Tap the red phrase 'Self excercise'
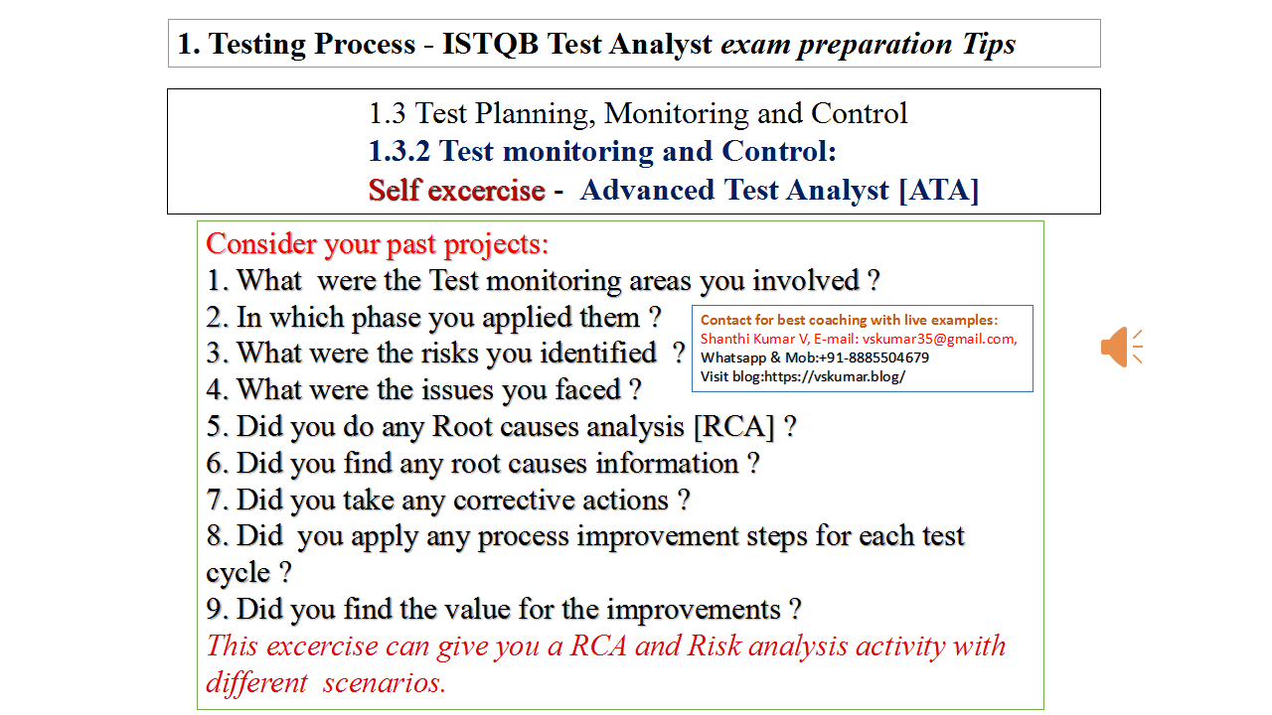(x=456, y=190)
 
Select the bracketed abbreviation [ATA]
(x=938, y=190)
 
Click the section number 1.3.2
(x=399, y=152)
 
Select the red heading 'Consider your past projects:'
(x=377, y=244)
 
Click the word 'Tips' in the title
(x=988, y=44)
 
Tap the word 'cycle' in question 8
(x=238, y=574)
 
